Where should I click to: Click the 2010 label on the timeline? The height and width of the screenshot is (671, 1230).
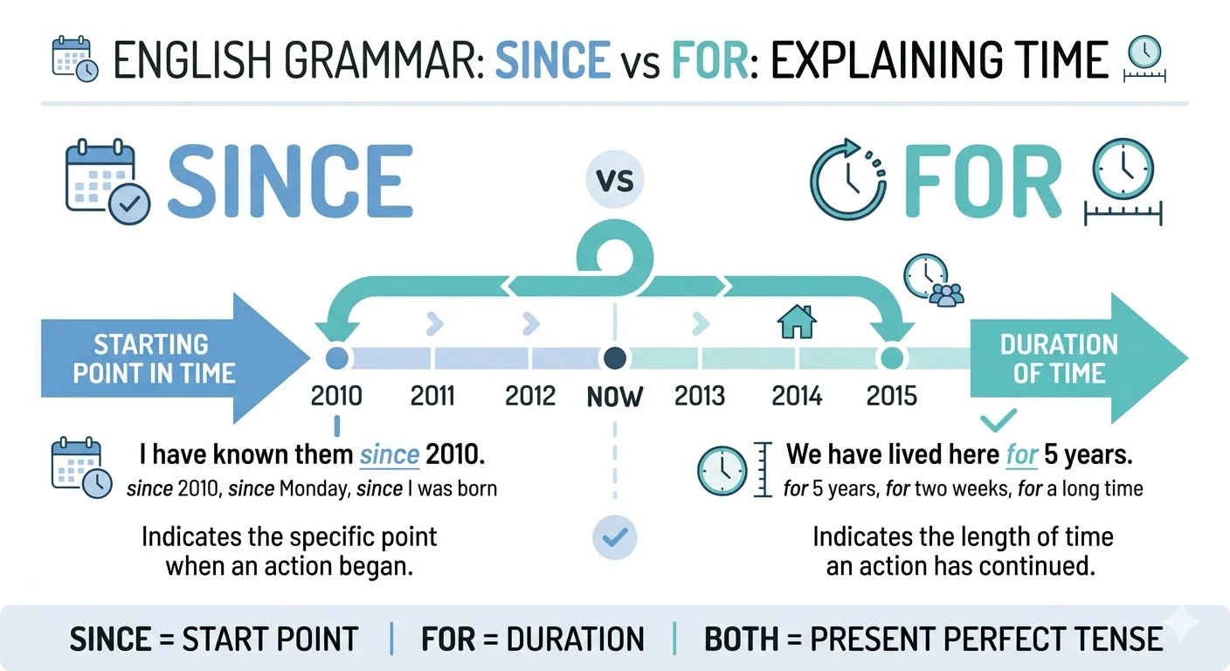pos(336,396)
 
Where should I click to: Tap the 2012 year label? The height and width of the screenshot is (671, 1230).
pos(530,396)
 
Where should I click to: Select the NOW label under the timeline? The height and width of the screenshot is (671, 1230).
pos(614,397)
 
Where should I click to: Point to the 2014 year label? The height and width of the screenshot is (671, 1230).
pos(797,396)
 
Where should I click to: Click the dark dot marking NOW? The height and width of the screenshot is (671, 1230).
pos(614,358)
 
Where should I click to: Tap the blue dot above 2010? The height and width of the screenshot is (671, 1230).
pos(336,358)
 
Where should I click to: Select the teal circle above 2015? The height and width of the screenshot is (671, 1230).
pos(892,358)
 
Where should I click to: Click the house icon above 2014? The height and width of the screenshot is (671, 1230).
pos(797,322)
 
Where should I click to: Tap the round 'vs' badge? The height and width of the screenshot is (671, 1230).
pos(614,180)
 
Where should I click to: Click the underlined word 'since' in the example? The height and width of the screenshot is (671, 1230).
pos(390,455)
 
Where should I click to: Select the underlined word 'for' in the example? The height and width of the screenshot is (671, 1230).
pos(1022,455)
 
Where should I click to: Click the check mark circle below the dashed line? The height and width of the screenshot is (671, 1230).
pos(614,537)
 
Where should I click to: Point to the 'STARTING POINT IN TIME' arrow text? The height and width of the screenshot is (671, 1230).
pos(154,359)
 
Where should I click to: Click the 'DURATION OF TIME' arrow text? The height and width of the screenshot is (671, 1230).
pos(1059,359)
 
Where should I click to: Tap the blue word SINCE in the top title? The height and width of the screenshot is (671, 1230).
pos(553,59)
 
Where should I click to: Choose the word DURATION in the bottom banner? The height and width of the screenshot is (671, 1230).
pos(575,640)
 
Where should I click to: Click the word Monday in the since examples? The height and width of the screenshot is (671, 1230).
pos(314,488)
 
